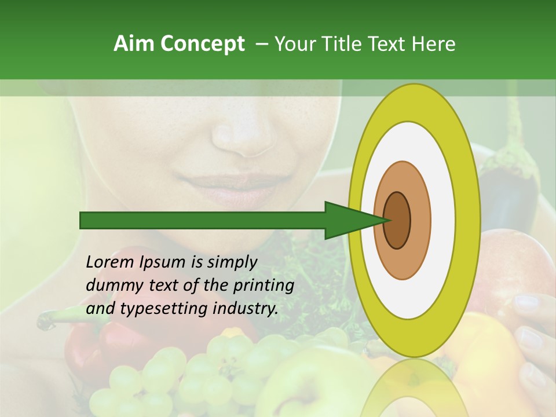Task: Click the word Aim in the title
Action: (x=135, y=44)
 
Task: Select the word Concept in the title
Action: (x=203, y=44)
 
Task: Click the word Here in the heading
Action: (x=433, y=44)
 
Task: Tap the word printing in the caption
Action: (x=264, y=286)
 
